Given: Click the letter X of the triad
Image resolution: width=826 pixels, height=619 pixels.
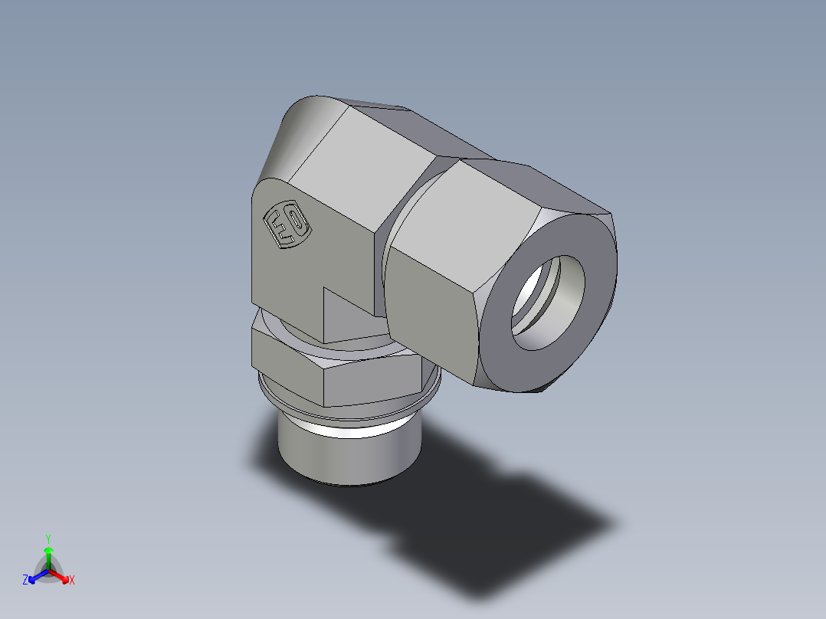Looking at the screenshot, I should pyautogui.click(x=72, y=581).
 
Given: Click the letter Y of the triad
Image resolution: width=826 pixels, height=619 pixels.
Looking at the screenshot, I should pyautogui.click(x=48, y=539).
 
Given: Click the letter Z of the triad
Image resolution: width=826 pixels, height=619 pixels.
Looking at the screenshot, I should pyautogui.click(x=25, y=581).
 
